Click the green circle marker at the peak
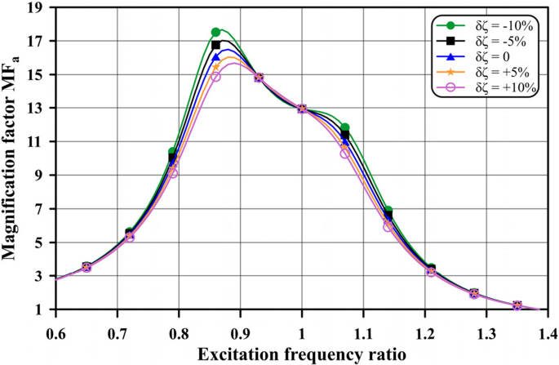215,32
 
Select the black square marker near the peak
215,45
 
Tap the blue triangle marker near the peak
215,58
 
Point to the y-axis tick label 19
38,8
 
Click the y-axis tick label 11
38,142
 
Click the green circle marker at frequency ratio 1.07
344,128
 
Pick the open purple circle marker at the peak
215,77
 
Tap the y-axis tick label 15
38,75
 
